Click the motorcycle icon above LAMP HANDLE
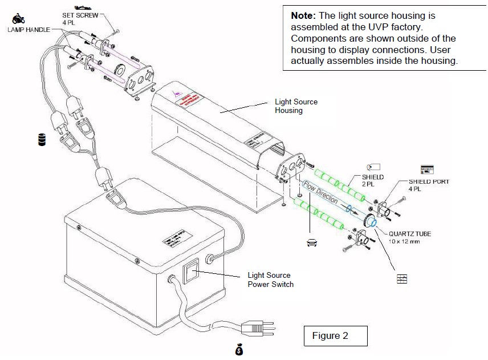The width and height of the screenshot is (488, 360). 18,18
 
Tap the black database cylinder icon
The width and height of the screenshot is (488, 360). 42,140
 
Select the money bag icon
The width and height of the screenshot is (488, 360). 239,349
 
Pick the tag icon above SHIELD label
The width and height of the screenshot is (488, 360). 374,167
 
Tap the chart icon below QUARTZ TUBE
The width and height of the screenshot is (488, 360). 402,278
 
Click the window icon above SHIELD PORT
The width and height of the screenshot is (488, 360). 426,169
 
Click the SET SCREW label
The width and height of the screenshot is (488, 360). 84,15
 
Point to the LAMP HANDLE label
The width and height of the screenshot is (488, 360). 29,29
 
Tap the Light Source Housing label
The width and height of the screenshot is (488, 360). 296,106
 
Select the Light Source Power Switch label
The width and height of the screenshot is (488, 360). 270,280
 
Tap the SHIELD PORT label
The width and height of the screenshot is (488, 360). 429,181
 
